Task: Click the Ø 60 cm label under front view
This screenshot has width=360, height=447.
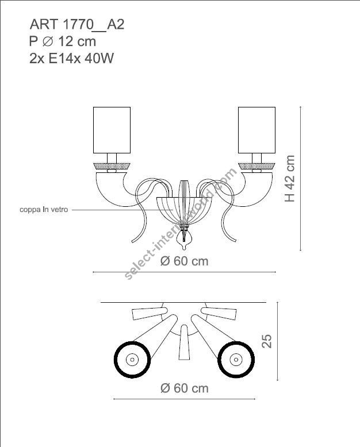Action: click(184, 261)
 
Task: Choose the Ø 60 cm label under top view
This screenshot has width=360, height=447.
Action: click(184, 388)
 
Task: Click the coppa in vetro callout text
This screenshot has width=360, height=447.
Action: click(44, 210)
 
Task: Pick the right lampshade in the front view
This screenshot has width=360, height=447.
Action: click(256, 129)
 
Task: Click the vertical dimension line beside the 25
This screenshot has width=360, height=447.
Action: click(278, 342)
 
